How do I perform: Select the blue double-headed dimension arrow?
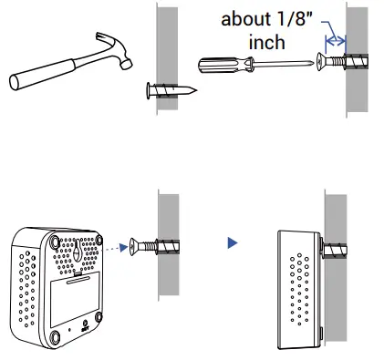[337, 39]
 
